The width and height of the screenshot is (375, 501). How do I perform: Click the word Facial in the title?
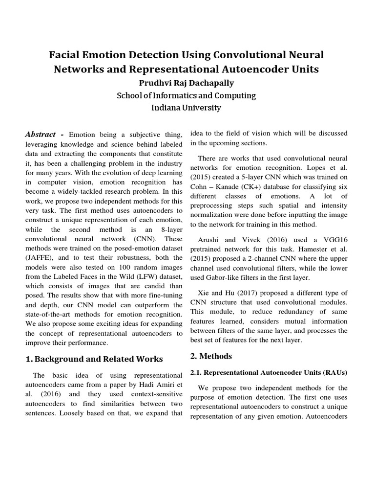click(x=66, y=54)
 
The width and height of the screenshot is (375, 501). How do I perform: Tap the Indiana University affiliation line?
click(x=186, y=108)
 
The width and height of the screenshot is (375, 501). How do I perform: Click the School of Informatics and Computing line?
click(x=186, y=95)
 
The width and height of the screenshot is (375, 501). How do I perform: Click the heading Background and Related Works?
click(x=94, y=359)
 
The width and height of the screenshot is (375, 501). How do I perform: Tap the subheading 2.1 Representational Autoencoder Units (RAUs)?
click(x=269, y=373)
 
